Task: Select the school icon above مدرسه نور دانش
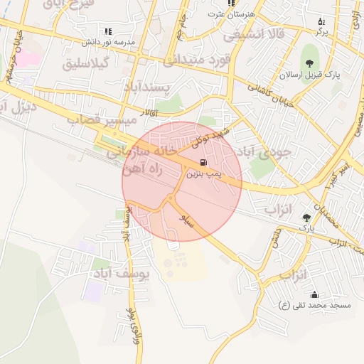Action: (108, 31)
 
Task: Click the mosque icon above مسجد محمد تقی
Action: (314, 294)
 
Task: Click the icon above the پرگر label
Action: (321, 21)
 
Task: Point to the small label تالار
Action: (164, 112)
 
